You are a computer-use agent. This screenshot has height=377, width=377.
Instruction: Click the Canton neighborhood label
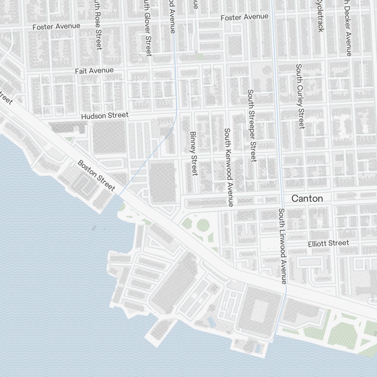308,198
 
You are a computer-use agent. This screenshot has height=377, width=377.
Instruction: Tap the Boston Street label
96,175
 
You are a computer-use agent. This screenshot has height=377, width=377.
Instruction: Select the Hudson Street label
105,115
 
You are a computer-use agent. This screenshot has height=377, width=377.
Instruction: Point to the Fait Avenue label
94,70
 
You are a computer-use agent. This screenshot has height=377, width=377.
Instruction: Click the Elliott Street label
328,243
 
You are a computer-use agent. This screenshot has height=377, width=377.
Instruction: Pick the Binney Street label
194,153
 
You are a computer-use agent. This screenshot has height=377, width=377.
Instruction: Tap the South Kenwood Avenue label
228,167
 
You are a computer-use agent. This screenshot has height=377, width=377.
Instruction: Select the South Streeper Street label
251,126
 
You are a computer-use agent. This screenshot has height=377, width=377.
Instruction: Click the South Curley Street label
300,96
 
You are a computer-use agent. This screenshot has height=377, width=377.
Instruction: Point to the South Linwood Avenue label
283,245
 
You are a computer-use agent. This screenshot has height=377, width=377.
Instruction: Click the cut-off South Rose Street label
98,25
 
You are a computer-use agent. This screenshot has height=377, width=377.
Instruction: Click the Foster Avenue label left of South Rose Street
57,26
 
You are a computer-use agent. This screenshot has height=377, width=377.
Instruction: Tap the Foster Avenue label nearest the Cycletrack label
245,17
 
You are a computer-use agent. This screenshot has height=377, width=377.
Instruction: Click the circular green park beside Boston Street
203,225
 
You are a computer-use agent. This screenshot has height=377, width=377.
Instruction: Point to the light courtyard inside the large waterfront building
261,311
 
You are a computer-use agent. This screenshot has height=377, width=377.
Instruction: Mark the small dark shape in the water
94,227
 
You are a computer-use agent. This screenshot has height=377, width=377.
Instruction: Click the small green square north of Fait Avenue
201,57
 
